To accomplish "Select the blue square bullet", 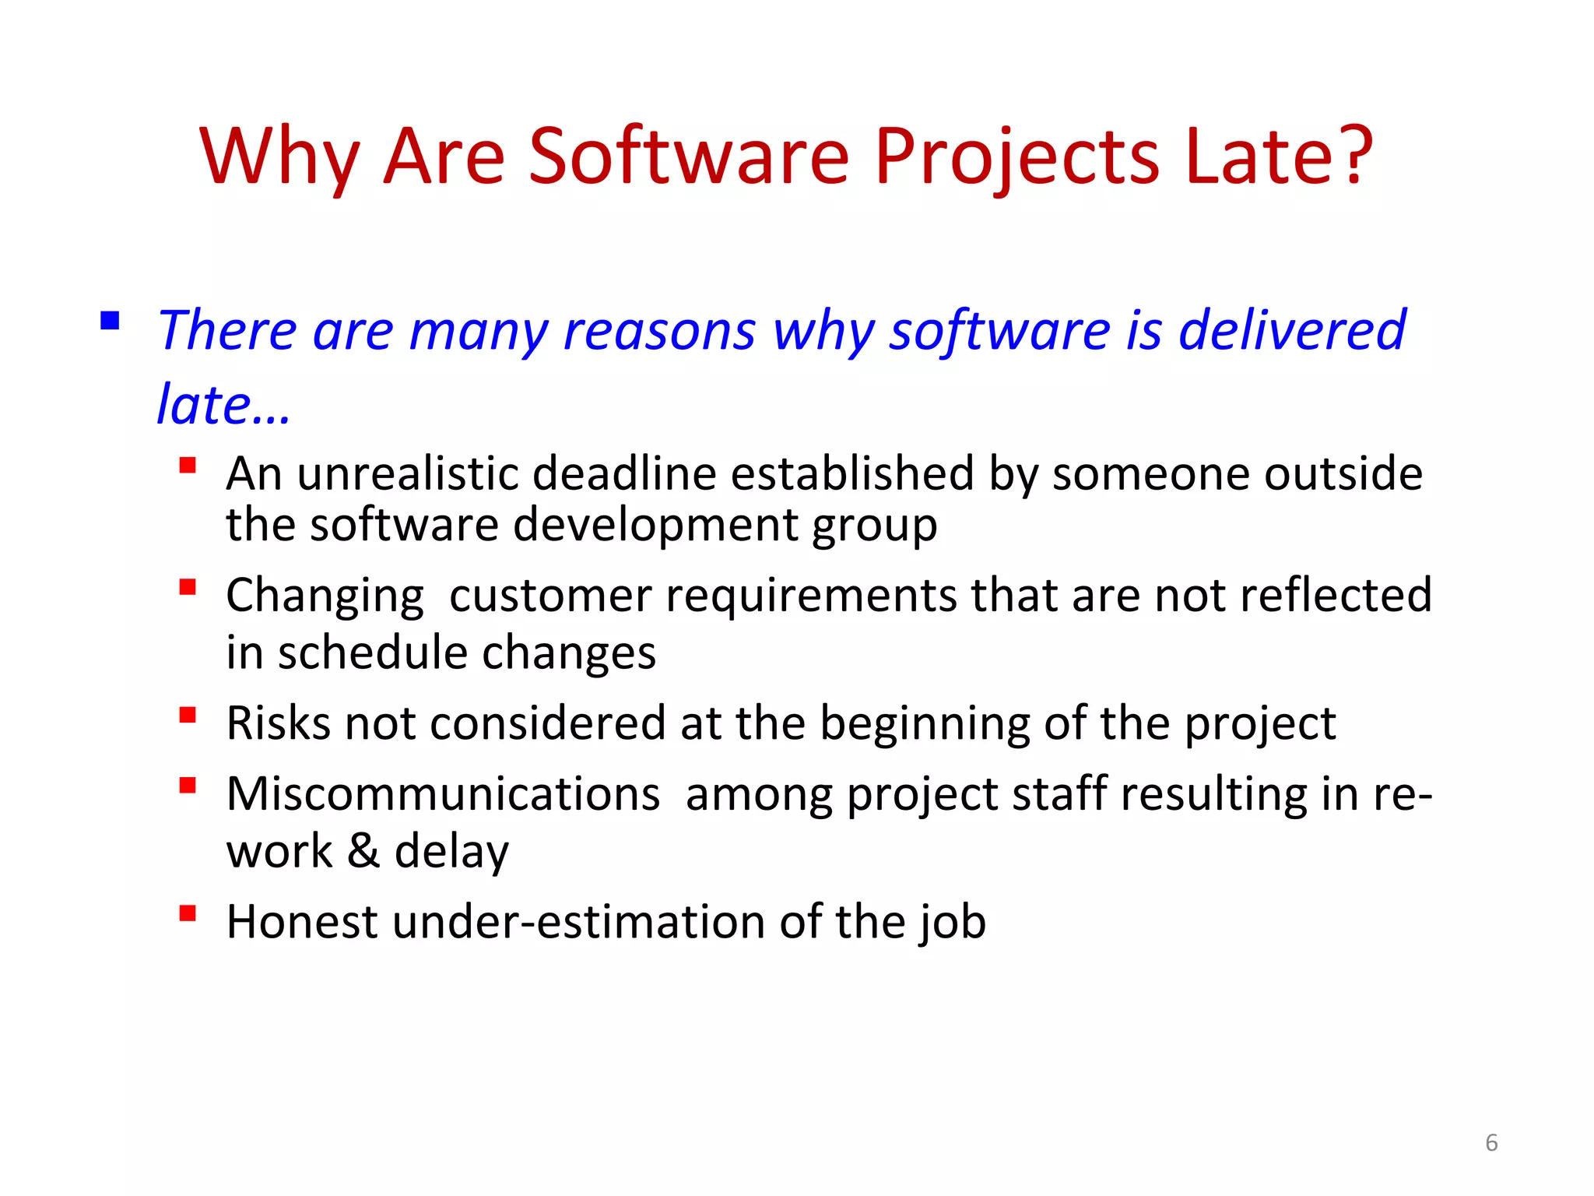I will click(110, 320).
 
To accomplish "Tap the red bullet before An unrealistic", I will click(187, 466).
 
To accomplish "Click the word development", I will click(655, 525).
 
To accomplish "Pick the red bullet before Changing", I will click(187, 586).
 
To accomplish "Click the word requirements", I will click(810, 596).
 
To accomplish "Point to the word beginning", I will click(924, 724).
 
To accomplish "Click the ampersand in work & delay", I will click(363, 851).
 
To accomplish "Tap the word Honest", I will click(302, 922).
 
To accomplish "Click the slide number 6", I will click(1490, 1142).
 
